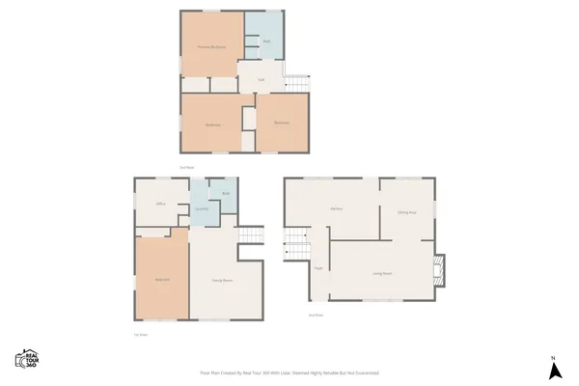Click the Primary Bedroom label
[x=211, y=46]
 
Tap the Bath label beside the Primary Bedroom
[x=265, y=41]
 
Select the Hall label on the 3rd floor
[x=261, y=79]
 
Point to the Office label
[x=161, y=204]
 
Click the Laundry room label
[x=202, y=209]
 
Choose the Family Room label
[x=222, y=280]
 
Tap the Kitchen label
[x=337, y=208]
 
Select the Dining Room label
[x=405, y=211]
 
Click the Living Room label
[x=382, y=274]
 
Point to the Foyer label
[x=318, y=269]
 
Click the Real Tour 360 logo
[x=26, y=359]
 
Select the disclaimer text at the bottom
[x=289, y=372]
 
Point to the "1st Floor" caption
[x=141, y=334]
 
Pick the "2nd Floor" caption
[x=315, y=315]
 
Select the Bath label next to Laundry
[x=225, y=194]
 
